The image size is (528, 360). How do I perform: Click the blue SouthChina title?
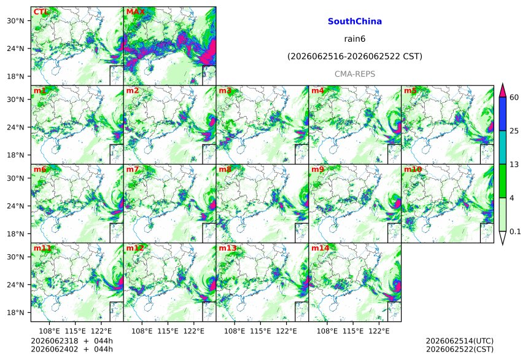click(x=355, y=22)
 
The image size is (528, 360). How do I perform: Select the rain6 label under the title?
click(x=355, y=39)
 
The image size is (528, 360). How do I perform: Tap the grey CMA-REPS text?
click(x=355, y=74)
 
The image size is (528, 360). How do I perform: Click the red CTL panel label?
click(x=41, y=12)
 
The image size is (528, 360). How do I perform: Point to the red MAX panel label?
click(x=135, y=12)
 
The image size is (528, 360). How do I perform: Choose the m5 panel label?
click(x=410, y=90)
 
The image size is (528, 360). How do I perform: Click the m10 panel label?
click(x=413, y=169)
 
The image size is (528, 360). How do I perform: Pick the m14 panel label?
click(x=320, y=248)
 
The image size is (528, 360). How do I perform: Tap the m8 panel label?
click(x=225, y=169)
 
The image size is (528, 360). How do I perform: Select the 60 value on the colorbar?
click(x=514, y=98)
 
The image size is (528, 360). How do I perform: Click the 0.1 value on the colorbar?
click(x=515, y=232)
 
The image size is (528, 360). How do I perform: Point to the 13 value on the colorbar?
click(x=514, y=165)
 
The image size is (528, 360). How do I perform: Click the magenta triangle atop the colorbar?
click(x=502, y=91)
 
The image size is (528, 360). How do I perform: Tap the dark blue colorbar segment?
click(x=502, y=114)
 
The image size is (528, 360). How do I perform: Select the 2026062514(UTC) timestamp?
click(x=460, y=341)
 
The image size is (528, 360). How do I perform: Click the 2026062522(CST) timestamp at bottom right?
click(x=460, y=349)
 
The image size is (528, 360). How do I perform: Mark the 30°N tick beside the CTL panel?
click(x=15, y=21)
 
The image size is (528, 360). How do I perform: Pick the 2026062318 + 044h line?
click(x=72, y=341)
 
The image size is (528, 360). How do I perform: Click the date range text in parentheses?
click(x=355, y=57)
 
